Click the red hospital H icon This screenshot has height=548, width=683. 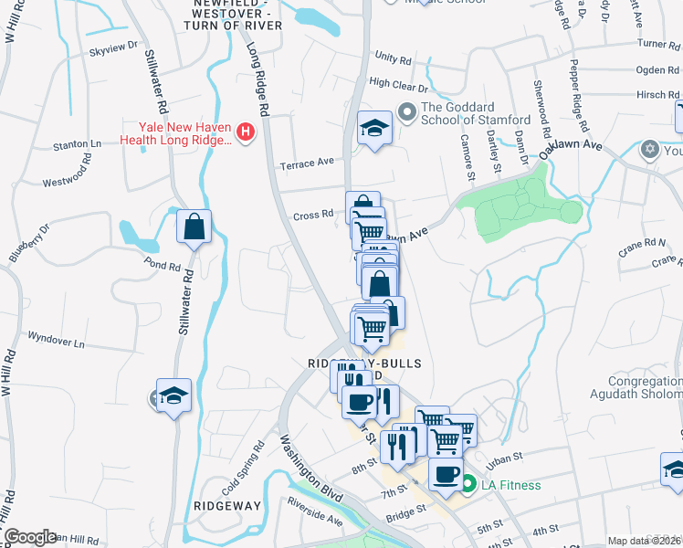pyautogui.click(x=245, y=133)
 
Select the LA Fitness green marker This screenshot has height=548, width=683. pyautogui.click(x=468, y=485)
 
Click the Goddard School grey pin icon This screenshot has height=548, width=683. pyautogui.click(x=406, y=113)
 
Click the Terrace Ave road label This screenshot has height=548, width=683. pyautogui.click(x=307, y=163)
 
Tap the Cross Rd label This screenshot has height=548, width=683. pyautogui.click(x=313, y=216)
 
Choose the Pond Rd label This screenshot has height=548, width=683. pyautogui.click(x=162, y=267)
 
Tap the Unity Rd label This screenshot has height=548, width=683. pyautogui.click(x=394, y=58)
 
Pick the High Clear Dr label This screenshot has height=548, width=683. pyautogui.click(x=398, y=86)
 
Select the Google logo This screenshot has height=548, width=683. pyautogui.click(x=29, y=537)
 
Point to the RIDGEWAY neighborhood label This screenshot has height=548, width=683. pyautogui.click(x=227, y=505)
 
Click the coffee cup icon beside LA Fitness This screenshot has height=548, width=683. pyautogui.click(x=446, y=474)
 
